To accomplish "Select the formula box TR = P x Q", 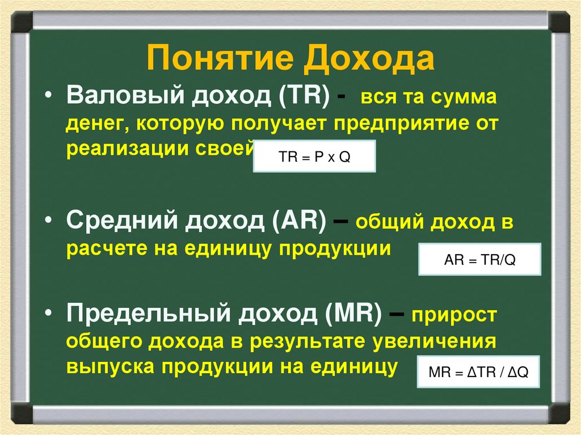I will point(314,157).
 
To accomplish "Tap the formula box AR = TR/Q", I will point(479,259).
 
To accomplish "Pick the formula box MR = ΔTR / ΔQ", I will point(479,373).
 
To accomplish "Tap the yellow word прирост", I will point(454,318).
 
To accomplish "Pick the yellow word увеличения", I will point(435,342).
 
